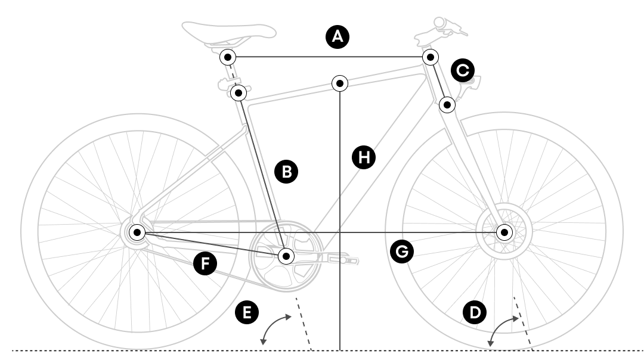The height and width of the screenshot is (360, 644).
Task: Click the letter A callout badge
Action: tap(338, 36)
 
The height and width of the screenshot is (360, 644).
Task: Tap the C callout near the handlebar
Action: tap(463, 70)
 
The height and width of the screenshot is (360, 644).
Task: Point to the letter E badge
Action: tap(246, 312)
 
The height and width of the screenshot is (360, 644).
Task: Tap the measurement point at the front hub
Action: tap(504, 232)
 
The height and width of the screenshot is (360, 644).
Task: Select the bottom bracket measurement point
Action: tap(286, 256)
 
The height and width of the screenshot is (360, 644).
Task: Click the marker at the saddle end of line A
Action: tap(228, 57)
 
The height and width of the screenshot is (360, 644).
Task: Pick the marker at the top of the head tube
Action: tap(429, 57)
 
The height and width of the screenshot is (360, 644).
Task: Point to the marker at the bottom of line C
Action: tap(447, 105)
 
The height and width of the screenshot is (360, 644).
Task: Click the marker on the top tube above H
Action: tap(340, 83)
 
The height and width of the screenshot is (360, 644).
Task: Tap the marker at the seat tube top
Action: tap(239, 93)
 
